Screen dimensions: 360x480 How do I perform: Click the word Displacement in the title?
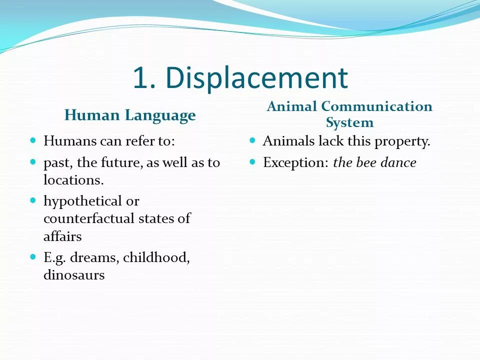256,78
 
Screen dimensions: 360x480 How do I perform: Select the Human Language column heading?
130,115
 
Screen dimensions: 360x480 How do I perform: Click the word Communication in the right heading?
376,106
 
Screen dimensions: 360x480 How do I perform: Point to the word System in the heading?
349,122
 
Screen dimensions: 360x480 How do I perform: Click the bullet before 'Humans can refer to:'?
33,140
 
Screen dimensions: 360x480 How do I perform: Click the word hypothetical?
83,201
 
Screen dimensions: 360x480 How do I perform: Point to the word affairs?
62,236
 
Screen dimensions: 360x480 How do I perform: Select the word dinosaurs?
74,274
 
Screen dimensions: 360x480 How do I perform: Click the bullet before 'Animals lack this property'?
252,140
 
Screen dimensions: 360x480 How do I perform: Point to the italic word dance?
398,162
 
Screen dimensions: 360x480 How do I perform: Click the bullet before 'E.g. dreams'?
33,257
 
